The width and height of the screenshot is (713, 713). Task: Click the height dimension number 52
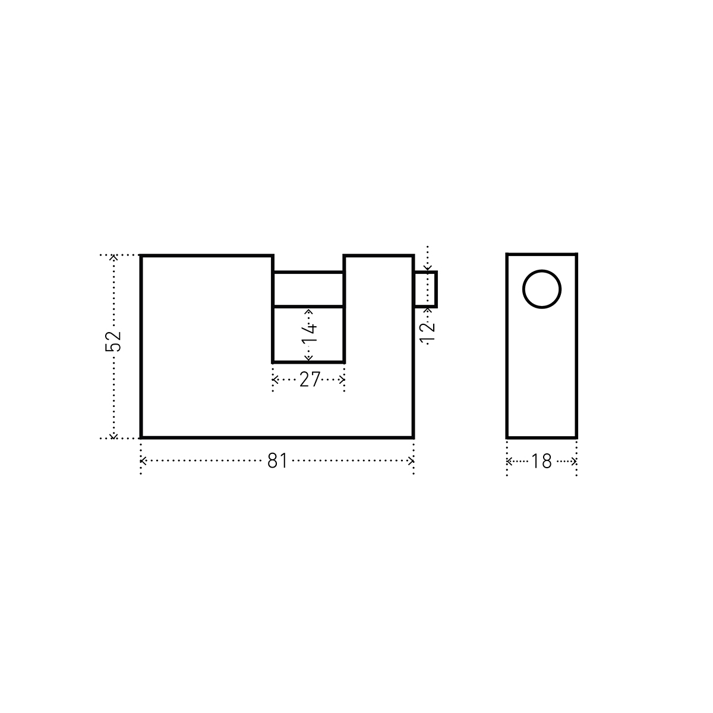click(x=113, y=341)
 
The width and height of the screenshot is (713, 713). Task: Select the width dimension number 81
click(x=277, y=461)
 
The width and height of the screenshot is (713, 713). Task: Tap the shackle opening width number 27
click(x=309, y=380)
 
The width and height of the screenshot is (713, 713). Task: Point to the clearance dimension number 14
click(x=309, y=334)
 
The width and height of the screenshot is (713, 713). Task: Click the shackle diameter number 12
click(x=427, y=333)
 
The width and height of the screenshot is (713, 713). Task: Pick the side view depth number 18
click(x=541, y=462)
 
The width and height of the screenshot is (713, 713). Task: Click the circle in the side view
click(x=542, y=289)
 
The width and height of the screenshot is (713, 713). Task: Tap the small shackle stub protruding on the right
click(x=425, y=289)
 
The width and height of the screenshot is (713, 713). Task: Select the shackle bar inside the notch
click(x=308, y=289)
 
